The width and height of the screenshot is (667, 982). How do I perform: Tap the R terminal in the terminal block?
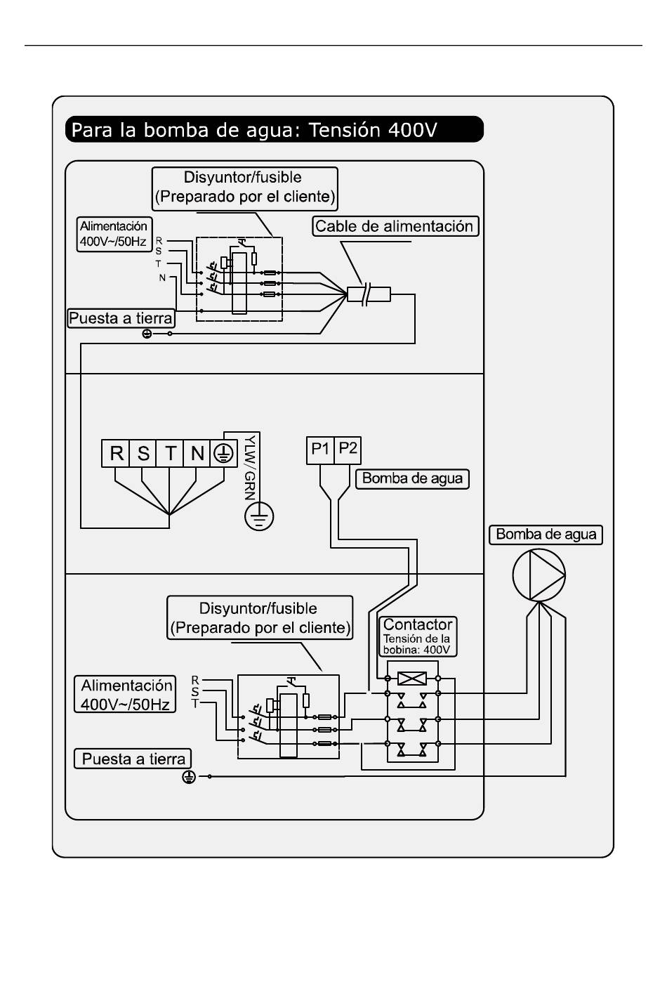click(x=115, y=453)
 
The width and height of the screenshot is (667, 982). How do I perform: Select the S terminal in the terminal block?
click(x=143, y=453)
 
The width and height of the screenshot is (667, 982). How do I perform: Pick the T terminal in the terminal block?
click(x=170, y=453)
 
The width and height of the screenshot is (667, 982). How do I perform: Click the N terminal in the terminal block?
click(x=197, y=453)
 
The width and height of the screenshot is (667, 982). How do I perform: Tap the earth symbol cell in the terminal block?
click(x=224, y=453)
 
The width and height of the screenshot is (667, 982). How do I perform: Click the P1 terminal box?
click(x=320, y=450)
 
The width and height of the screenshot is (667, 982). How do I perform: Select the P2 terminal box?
click(x=348, y=450)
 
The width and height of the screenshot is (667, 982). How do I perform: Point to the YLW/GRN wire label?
click(x=250, y=468)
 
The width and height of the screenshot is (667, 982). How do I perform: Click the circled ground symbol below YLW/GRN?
click(x=259, y=516)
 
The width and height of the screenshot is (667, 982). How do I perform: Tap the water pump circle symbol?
click(x=539, y=575)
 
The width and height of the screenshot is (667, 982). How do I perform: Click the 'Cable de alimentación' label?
click(x=395, y=226)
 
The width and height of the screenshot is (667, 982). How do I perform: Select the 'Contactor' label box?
click(x=418, y=636)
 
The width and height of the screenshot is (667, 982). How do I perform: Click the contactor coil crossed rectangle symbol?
click(x=412, y=679)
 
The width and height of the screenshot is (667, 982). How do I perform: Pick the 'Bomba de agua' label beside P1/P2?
click(x=412, y=478)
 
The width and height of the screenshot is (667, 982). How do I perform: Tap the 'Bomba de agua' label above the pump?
click(x=546, y=535)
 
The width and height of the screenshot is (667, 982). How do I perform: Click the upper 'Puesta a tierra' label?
click(x=121, y=317)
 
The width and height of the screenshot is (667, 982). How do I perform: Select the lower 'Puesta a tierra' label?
click(x=133, y=759)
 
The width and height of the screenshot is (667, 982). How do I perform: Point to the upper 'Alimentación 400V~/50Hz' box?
click(x=114, y=234)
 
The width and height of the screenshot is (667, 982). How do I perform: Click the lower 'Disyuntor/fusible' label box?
click(x=260, y=617)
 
